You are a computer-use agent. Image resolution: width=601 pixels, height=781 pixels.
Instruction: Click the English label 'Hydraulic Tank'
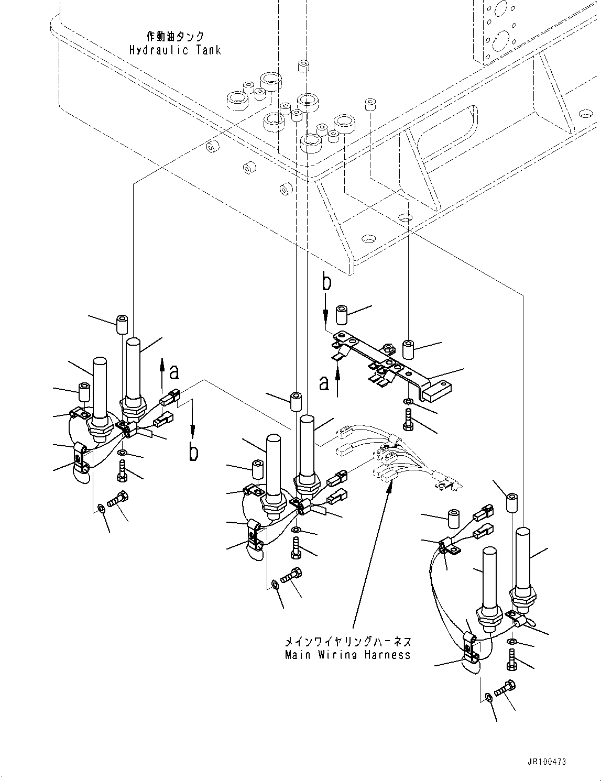coord(175,50)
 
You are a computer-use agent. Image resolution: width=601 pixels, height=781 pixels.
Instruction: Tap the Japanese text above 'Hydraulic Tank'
coord(175,37)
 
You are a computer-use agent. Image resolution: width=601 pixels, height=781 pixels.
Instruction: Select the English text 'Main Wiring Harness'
coord(348,655)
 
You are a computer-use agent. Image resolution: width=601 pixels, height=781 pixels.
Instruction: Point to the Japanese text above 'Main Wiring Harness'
coord(348,642)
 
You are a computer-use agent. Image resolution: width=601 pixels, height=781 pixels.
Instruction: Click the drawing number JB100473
coord(543,762)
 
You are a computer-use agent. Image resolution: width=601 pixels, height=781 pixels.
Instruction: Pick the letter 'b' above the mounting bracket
coord(326,283)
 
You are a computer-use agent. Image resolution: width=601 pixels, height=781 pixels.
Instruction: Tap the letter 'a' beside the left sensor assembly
coord(174,372)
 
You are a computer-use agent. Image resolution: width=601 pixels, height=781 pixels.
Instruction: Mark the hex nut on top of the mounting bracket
coord(388,347)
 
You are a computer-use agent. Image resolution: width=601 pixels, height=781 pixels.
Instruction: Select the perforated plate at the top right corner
coord(498,29)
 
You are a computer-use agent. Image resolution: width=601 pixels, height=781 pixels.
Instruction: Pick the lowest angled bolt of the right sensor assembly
coord(505,688)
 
